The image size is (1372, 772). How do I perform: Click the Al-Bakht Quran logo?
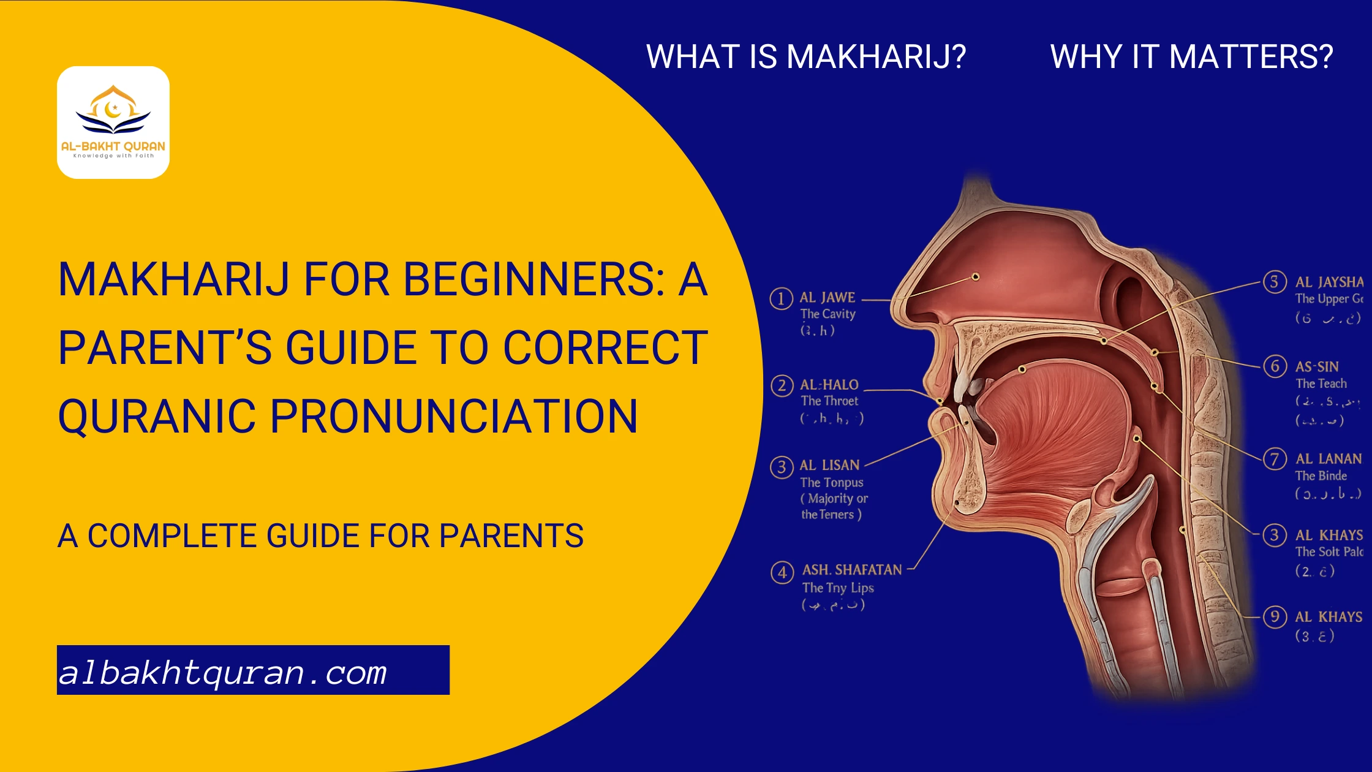coord(113,122)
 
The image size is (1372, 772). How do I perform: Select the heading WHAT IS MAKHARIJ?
coord(806,56)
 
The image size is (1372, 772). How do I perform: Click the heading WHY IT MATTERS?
coord(1191,56)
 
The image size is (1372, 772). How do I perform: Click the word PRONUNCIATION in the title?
coord(454,417)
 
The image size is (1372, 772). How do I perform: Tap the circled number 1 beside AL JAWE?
coord(781,299)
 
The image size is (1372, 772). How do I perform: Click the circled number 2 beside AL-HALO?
coord(782,386)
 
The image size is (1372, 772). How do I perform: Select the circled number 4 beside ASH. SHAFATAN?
coord(782,573)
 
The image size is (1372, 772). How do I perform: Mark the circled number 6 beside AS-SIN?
coord(1275,366)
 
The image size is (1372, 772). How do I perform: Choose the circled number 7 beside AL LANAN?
coord(1275,458)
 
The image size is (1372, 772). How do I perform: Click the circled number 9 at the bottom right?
coord(1275,616)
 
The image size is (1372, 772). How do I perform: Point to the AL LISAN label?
coord(829,465)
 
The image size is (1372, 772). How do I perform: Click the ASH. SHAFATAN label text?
coord(852,570)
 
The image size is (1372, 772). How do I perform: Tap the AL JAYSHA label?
coord(1329,282)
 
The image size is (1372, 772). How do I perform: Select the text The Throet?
coord(829,401)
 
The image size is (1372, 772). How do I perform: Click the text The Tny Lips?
coord(838,588)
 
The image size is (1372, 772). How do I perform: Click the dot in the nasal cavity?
coord(976,277)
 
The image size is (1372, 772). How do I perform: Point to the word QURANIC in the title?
coord(156,417)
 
